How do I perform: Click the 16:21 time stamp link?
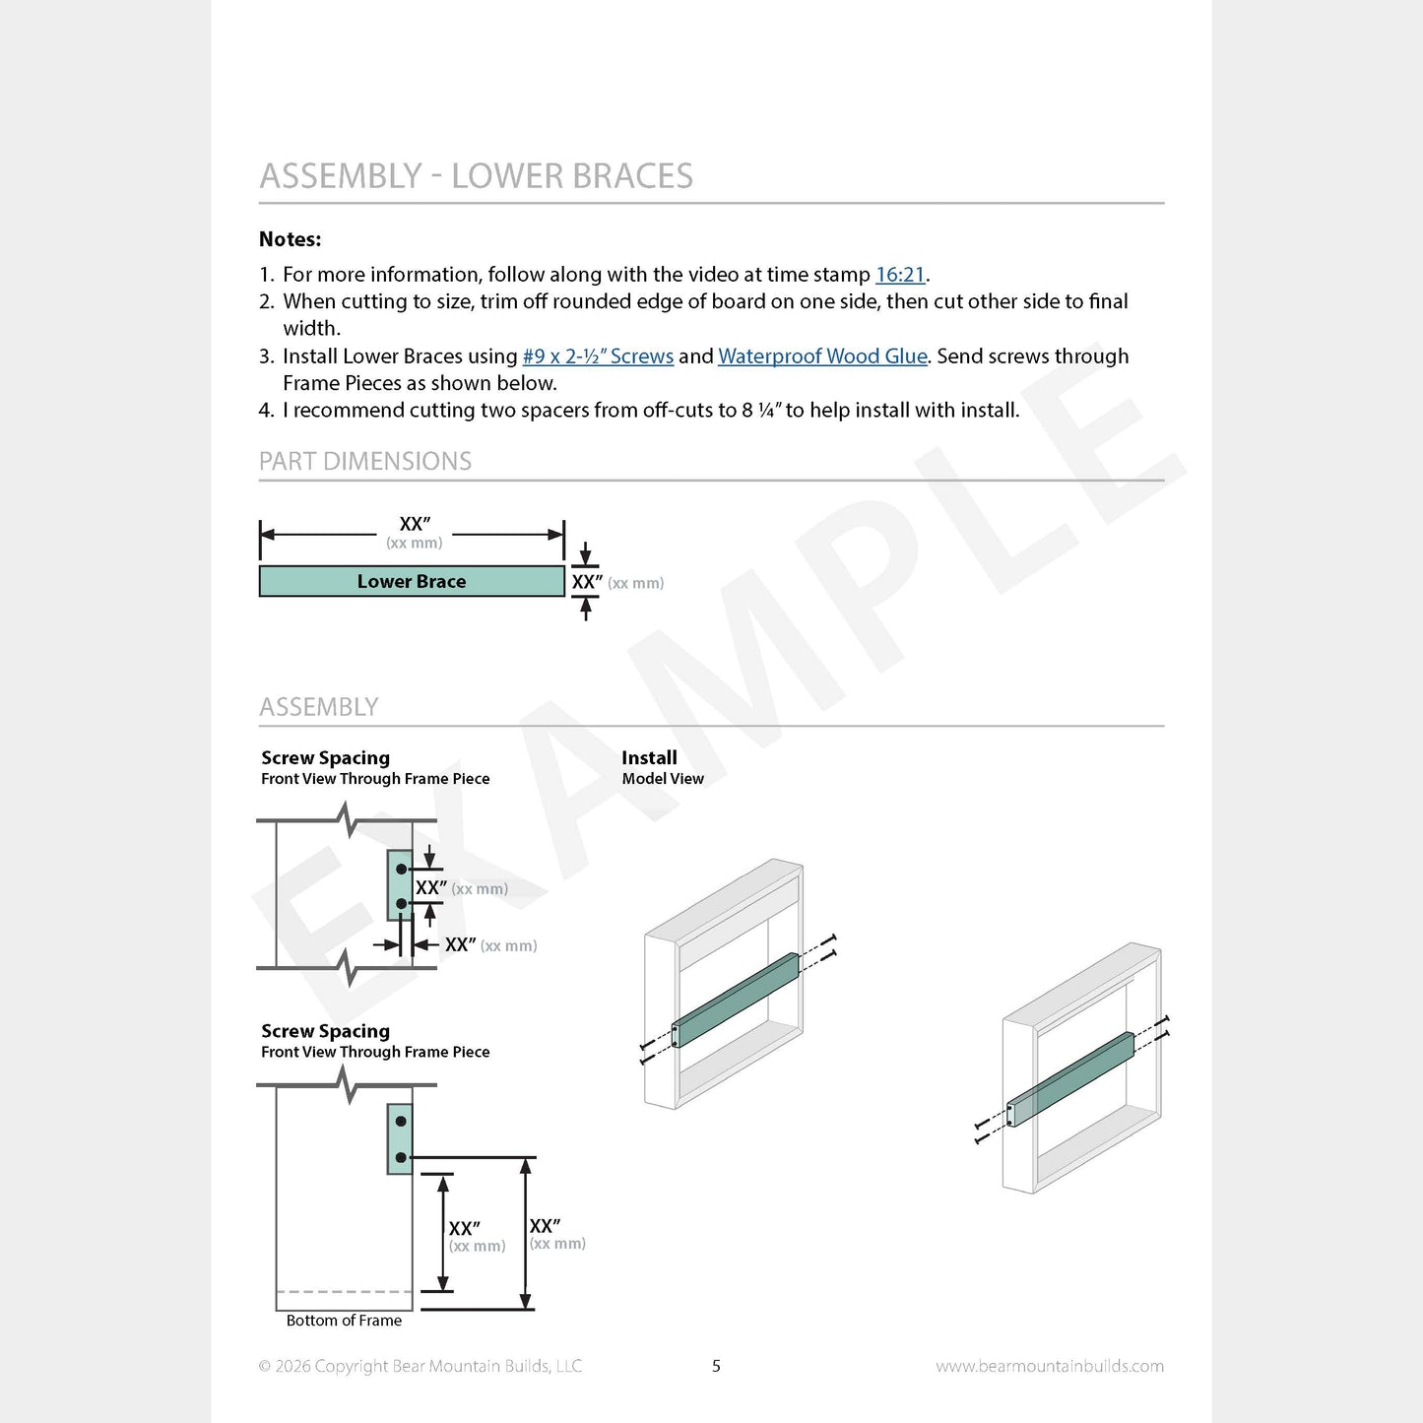[x=899, y=275]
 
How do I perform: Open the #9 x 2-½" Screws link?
[x=598, y=356]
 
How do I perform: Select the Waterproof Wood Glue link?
[x=822, y=356]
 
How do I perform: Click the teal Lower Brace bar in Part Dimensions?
[x=412, y=581]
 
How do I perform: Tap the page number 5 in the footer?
[x=716, y=1366]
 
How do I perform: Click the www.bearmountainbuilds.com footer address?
[x=1050, y=1366]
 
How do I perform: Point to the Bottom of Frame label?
[x=344, y=1320]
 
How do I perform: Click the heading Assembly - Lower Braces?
[x=476, y=175]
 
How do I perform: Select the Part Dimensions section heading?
[x=364, y=461]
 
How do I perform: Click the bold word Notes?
[x=290, y=239]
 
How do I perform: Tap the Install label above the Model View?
[x=648, y=757]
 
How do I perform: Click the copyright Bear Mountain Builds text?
[x=420, y=1366]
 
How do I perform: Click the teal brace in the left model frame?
[x=736, y=1000]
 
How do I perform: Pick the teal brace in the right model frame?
[x=1070, y=1079]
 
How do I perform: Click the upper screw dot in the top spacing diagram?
[x=401, y=870]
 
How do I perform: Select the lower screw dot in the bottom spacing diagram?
[x=400, y=1157]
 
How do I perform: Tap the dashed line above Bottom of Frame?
[x=344, y=1292]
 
